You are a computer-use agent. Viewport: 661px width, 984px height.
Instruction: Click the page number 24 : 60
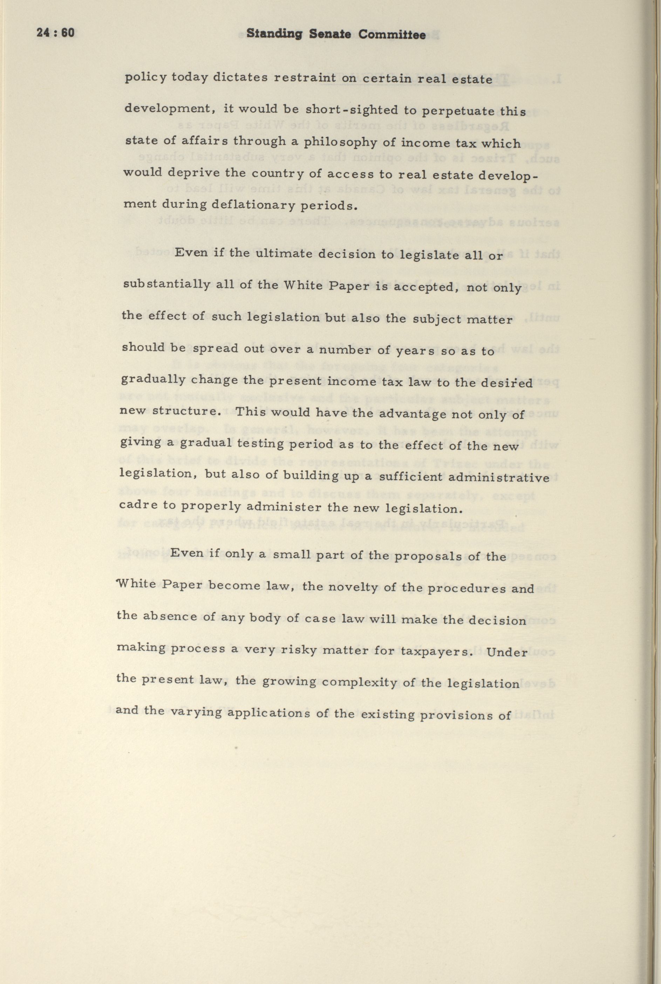55,33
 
